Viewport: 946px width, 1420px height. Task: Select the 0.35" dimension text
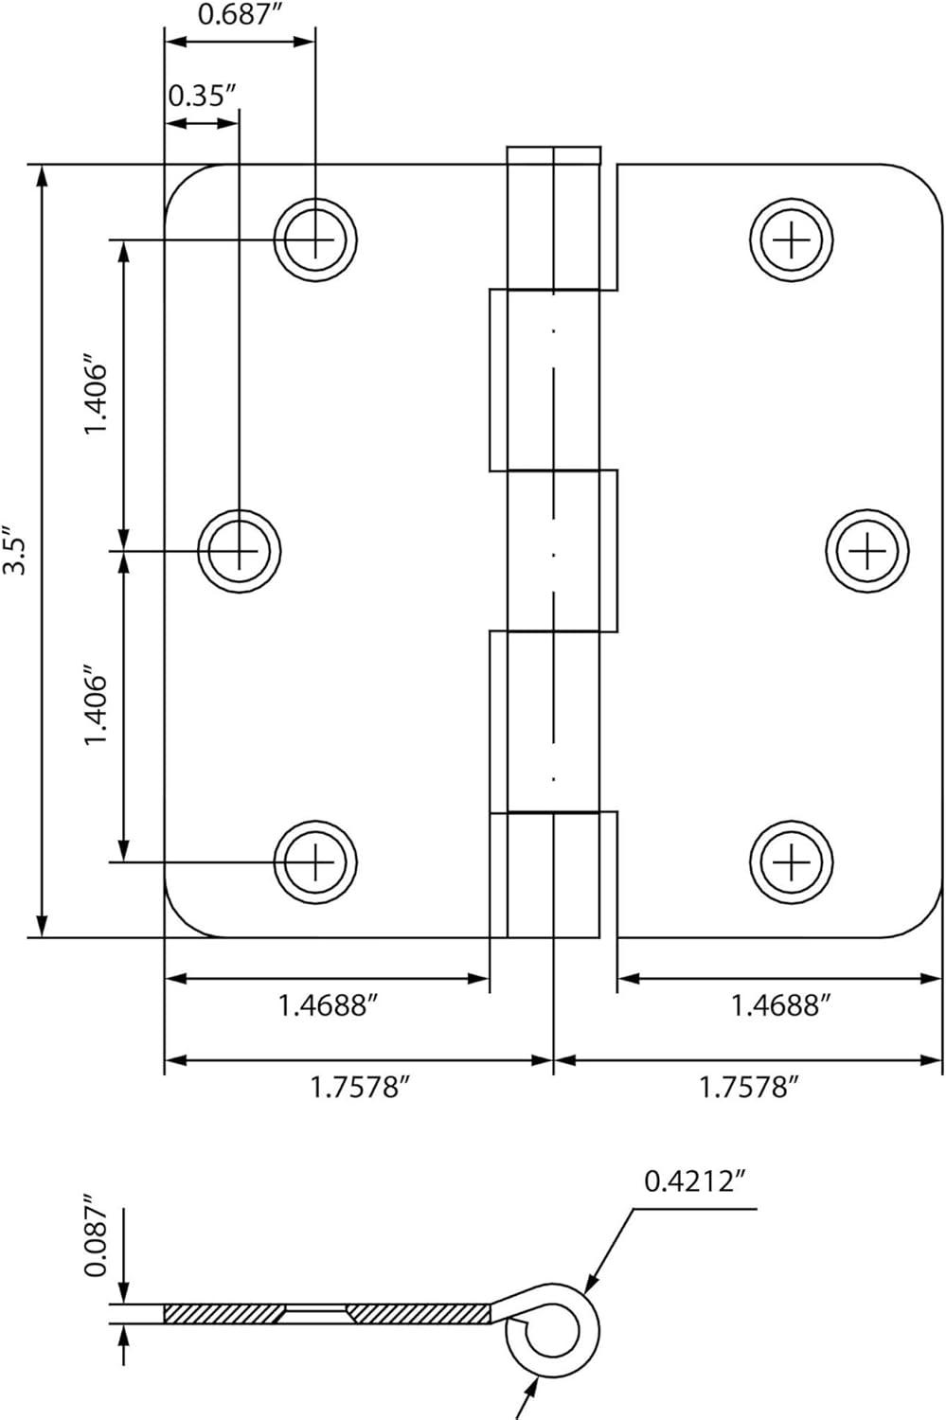tap(201, 97)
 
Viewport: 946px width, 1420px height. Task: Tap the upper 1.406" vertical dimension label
tap(98, 395)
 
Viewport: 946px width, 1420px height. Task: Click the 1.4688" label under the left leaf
tap(328, 1004)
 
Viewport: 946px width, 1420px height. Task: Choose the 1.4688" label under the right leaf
tap(780, 1004)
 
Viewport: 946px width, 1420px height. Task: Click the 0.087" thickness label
tap(96, 1240)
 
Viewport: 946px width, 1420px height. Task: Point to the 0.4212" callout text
tap(695, 1181)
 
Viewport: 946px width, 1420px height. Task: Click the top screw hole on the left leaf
tap(315, 240)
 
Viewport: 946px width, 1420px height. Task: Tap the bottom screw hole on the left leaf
tap(315, 861)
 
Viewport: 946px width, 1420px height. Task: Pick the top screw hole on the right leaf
tap(792, 240)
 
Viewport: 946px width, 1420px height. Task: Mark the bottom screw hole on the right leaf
tap(792, 861)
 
